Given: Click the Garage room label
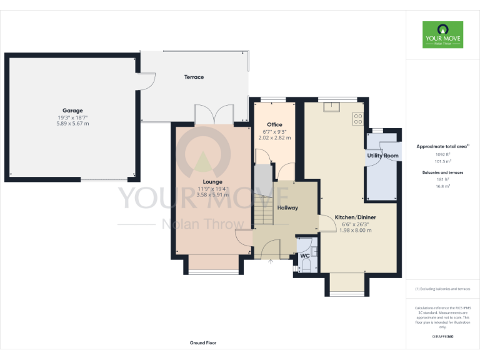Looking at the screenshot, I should pos(72,111).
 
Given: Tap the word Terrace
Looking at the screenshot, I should pos(194,77).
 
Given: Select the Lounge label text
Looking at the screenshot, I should pos(212,182).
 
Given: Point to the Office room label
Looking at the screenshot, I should pos(274,124).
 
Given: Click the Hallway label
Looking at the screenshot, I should pos(287,207).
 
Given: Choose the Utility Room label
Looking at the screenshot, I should pos(382,155).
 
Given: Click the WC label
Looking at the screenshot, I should pos(304,256).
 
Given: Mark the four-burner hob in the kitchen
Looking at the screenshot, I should pos(359,118).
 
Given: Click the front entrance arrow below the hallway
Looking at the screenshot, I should pos(270,262).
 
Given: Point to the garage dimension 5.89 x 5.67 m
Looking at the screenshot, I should pos(72,124).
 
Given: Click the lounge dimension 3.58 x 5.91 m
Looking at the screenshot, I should pos(212,194).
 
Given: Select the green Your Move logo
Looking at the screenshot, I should pos(442,34).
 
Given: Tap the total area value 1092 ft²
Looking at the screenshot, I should pos(442,154).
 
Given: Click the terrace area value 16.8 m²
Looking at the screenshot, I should pos(442,186).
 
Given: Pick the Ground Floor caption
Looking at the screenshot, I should pos(203,342).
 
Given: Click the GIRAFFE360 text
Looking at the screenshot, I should pos(442,336).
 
